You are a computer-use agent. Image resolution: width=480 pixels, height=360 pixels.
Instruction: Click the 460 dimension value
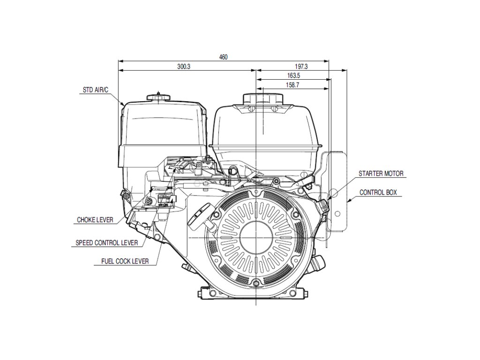tap(223, 57)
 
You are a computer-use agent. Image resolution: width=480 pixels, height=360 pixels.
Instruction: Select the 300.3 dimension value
tap(184, 67)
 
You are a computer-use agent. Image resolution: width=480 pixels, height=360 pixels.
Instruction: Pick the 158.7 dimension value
tap(292, 85)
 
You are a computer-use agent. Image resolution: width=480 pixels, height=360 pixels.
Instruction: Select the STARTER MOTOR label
tap(381, 173)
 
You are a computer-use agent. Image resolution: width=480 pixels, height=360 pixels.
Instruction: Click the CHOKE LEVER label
tap(95, 219)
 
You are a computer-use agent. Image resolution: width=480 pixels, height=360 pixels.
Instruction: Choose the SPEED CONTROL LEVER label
tap(106, 243)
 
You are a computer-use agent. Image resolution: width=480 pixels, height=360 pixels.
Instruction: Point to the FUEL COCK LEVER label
tap(125, 261)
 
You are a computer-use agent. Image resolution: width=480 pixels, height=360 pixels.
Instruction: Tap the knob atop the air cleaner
tap(160, 97)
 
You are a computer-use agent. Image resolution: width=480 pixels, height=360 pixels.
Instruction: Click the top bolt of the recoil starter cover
tap(256, 193)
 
